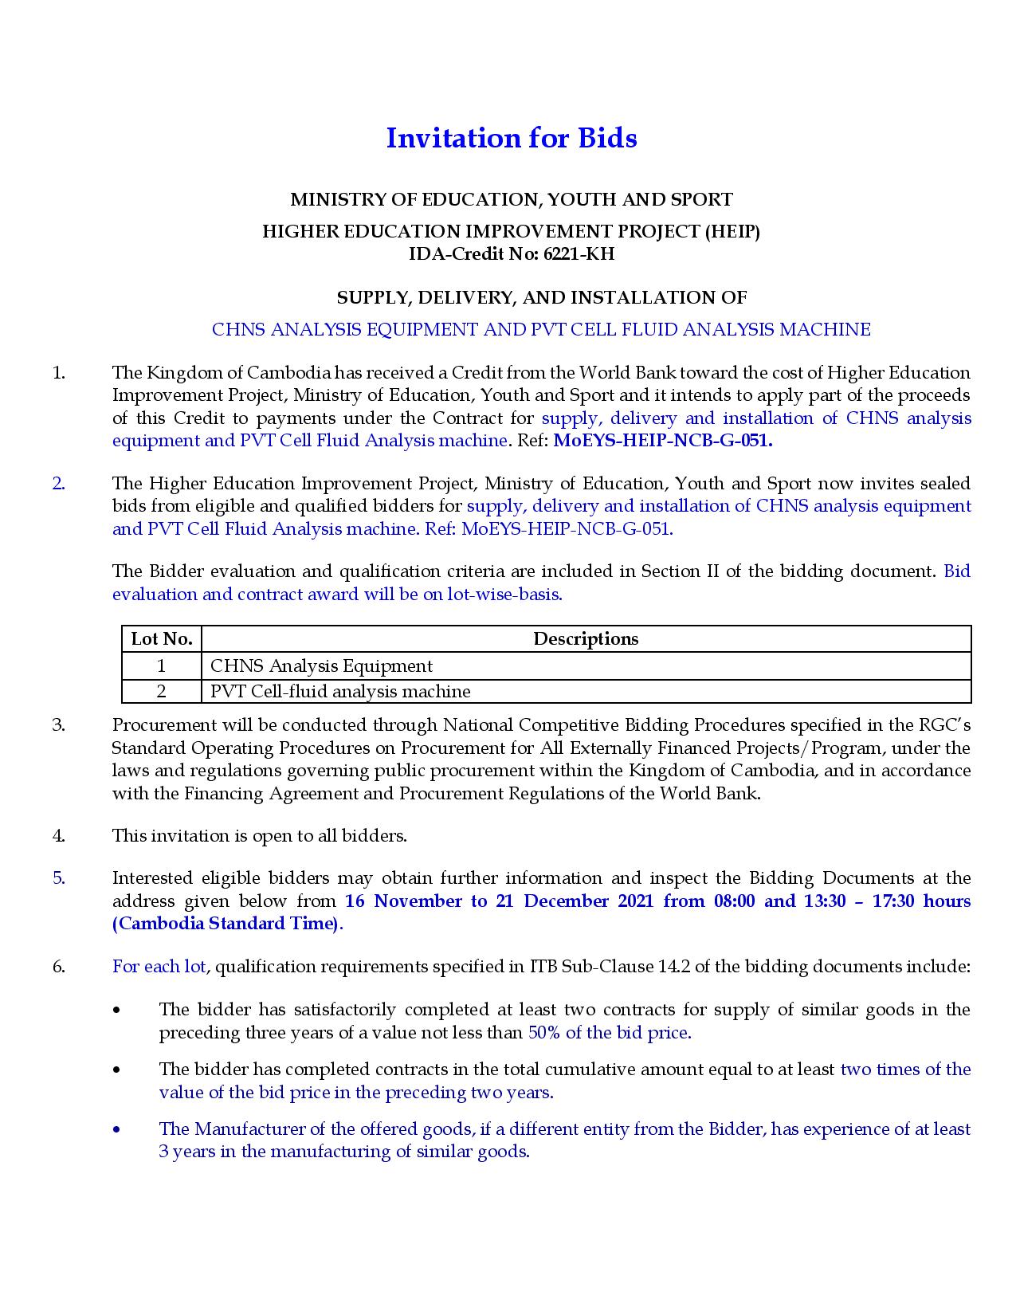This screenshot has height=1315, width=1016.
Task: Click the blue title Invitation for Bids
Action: point(511,138)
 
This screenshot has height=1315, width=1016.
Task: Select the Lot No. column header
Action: point(162,638)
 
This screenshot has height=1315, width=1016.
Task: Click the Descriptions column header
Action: point(586,638)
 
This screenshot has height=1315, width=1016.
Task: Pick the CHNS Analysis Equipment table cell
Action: point(321,665)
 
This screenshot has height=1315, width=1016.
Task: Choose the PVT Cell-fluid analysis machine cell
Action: point(340,691)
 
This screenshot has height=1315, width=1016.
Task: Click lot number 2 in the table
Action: point(161,691)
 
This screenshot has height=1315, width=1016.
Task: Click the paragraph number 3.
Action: point(58,725)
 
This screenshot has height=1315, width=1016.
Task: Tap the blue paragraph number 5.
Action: point(58,878)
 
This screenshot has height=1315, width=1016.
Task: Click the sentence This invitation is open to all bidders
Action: point(260,835)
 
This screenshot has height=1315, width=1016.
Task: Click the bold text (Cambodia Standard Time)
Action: point(226,924)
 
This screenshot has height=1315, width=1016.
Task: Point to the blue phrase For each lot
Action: point(159,967)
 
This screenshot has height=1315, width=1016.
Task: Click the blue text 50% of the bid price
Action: point(610,1033)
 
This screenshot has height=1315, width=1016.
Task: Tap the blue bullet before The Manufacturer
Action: point(118,1129)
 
